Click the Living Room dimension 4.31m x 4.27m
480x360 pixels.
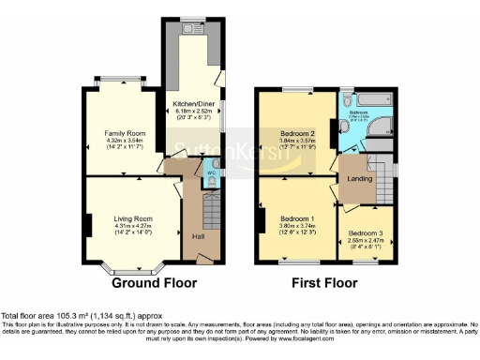(133, 226)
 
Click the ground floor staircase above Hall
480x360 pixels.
(210, 202)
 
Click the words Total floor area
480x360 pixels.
(26, 316)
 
